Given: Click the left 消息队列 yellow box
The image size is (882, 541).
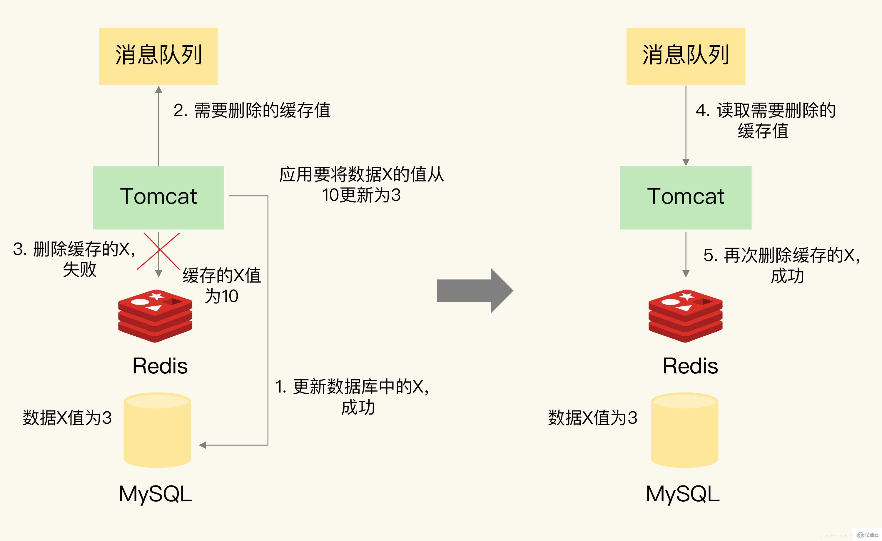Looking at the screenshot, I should pyautogui.click(x=158, y=56).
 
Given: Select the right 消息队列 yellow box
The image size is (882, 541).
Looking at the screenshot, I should pyautogui.click(x=686, y=56).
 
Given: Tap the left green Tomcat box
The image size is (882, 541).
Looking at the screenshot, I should pyautogui.click(x=158, y=197).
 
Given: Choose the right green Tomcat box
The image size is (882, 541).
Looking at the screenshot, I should pyautogui.click(x=686, y=197).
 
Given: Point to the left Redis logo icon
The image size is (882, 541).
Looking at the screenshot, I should pyautogui.click(x=155, y=315).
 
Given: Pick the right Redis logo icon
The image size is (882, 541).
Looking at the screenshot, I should pyautogui.click(x=685, y=315).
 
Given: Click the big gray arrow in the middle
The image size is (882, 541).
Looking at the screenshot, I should pyautogui.click(x=475, y=290).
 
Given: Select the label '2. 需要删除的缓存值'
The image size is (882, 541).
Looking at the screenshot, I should pyautogui.click(x=252, y=110).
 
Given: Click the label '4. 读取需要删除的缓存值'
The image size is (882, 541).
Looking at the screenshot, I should pyautogui.click(x=765, y=120).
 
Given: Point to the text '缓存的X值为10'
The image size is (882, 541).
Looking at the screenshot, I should pyautogui.click(x=222, y=285).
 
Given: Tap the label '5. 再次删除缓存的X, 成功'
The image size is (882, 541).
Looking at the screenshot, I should pyautogui.click(x=782, y=265).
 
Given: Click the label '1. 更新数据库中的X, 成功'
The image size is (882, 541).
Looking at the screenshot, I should pyautogui.click(x=352, y=397).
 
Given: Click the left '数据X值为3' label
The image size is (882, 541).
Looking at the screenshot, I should pyautogui.click(x=67, y=418).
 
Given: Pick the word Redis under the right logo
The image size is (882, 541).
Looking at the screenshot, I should pyautogui.click(x=690, y=366).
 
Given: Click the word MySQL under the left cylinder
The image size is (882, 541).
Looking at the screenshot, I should pyautogui.click(x=155, y=494).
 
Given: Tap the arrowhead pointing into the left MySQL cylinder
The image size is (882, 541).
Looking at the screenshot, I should pyautogui.click(x=203, y=445).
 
